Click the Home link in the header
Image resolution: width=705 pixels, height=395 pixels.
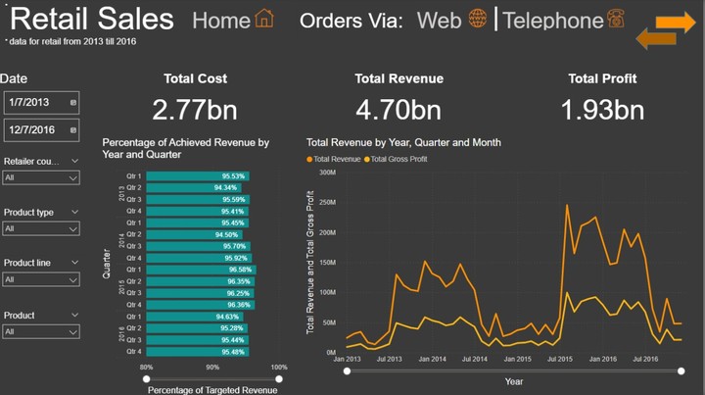pos(233,20)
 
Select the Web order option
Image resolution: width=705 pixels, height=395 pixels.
pos(451,20)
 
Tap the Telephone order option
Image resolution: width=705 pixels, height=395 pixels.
pos(563,20)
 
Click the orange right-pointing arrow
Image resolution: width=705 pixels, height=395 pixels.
pos(676,23)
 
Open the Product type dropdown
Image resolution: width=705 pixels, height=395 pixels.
pos(41,228)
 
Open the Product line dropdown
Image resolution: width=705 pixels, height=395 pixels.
pos(41,279)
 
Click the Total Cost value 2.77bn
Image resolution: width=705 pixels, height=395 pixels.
pos(195,110)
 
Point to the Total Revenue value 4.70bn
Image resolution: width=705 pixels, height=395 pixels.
pos(399,110)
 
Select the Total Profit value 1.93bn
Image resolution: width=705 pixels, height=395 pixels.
pos(602,110)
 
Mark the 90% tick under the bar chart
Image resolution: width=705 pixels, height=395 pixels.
pos(212,368)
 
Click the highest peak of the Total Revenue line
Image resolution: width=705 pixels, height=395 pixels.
pos(567,205)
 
